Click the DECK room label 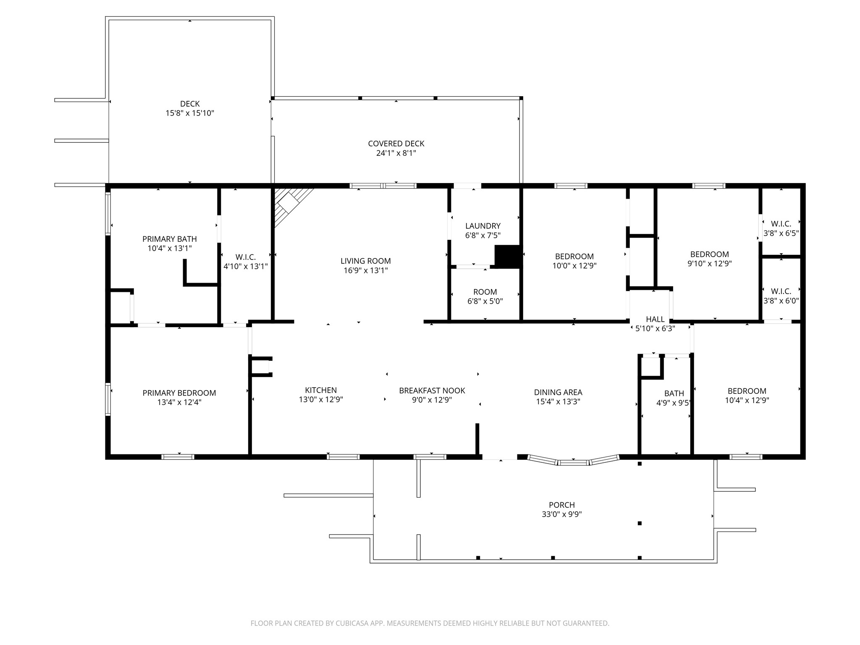click(x=190, y=104)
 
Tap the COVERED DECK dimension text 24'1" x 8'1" click(x=396, y=153)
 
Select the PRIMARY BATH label click(x=169, y=239)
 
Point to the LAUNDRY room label click(x=482, y=226)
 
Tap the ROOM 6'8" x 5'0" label click(x=485, y=292)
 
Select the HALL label click(x=655, y=319)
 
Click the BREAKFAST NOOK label click(x=432, y=391)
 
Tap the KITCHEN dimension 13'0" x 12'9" click(x=321, y=400)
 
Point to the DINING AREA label click(x=558, y=392)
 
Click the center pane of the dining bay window click(x=573, y=463)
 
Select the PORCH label click(x=561, y=505)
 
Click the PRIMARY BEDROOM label click(x=179, y=393)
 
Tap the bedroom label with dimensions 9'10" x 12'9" click(x=709, y=254)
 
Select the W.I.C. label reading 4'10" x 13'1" click(x=245, y=257)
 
